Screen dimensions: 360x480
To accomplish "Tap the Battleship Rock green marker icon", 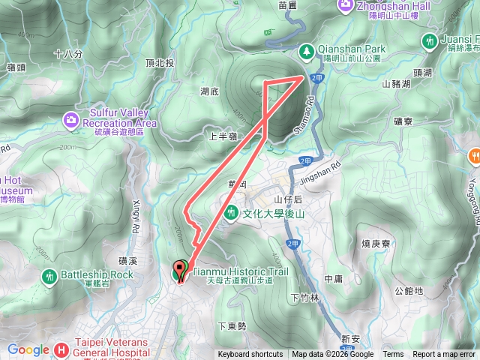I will [49, 276].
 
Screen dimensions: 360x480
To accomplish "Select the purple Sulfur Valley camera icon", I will [70, 119].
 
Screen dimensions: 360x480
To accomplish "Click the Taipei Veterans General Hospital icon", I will [64, 349].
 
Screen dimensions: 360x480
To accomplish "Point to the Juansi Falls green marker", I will [429, 40].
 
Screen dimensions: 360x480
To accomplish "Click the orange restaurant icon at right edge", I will [475, 156].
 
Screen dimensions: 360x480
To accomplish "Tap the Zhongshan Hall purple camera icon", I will [345, 5].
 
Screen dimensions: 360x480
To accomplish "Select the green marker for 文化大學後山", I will [232, 213].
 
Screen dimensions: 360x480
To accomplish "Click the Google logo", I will [28, 349].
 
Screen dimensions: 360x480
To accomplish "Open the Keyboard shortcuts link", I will [250, 355].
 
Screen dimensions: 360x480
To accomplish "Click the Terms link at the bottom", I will [393, 355].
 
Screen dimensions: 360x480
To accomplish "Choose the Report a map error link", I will [444, 355].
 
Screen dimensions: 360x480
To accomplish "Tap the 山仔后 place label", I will [287, 199].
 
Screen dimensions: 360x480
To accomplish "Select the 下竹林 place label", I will [304, 298].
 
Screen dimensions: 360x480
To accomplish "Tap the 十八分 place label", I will [68, 54].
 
